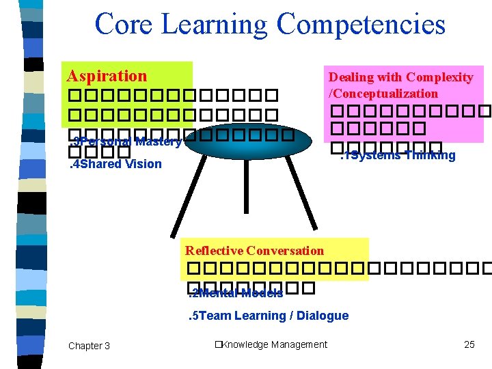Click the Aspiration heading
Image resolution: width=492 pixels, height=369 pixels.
(x=107, y=76)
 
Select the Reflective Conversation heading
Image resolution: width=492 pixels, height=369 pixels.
(x=254, y=251)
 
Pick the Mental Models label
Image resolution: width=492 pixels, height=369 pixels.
(x=236, y=294)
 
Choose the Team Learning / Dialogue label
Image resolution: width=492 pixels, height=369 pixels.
(x=268, y=316)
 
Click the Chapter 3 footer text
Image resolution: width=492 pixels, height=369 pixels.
(x=89, y=346)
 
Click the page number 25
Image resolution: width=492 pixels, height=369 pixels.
(x=469, y=344)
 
